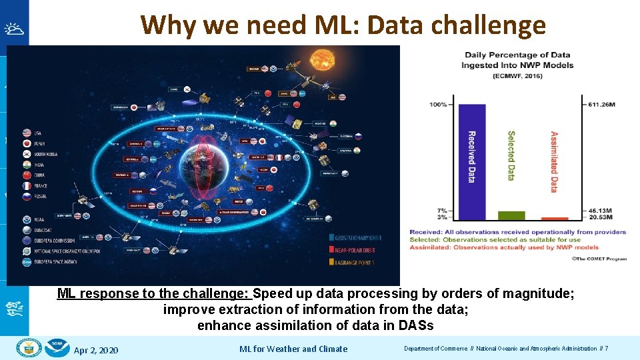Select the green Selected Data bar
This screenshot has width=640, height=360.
pos(511,215)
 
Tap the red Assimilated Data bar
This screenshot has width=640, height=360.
pos(554,218)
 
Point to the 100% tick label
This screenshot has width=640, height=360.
pos(438,104)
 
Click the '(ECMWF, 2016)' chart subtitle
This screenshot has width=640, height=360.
pos(518,75)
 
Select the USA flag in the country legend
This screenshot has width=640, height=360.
pos(27,133)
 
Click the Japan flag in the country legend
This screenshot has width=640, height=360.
pos(27,143)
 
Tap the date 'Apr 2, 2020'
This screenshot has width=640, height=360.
pos(96,349)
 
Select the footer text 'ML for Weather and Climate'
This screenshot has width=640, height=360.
pos(293,349)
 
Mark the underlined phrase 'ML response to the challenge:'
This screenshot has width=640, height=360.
pos(153,293)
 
